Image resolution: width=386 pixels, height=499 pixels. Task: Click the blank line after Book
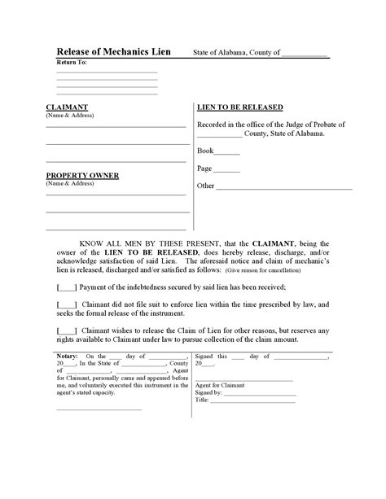coord(229,151)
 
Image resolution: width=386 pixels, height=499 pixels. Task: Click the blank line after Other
coord(284,186)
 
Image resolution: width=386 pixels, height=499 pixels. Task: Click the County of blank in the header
coord(304,54)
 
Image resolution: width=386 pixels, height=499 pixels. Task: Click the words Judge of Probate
coord(312,125)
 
